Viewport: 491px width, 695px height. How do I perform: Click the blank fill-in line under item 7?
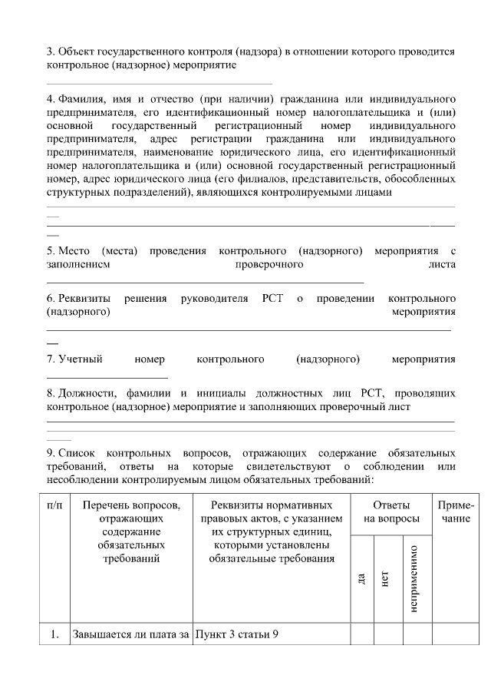pyautogui.click(x=107, y=377)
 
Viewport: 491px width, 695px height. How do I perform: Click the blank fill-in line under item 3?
pyautogui.click(x=159, y=83)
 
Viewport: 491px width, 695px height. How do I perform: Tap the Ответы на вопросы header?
pyautogui.click(x=391, y=512)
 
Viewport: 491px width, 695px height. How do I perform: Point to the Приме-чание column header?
pyautogui.click(x=455, y=512)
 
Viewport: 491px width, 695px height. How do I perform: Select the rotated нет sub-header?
pyautogui.click(x=385, y=578)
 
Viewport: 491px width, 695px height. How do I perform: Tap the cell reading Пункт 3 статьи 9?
pyautogui.click(x=236, y=634)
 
